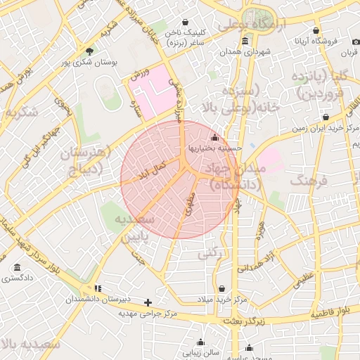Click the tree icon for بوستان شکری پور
(x=89, y=51)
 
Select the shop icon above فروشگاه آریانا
(x=316, y=32)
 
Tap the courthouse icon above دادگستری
(x=17, y=268)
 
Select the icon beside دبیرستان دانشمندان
(x=98, y=288)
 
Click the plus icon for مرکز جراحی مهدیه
(x=148, y=302)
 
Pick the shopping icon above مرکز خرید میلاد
(x=222, y=289)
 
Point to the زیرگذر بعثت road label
(x=224, y=321)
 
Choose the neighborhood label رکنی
(x=211, y=252)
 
